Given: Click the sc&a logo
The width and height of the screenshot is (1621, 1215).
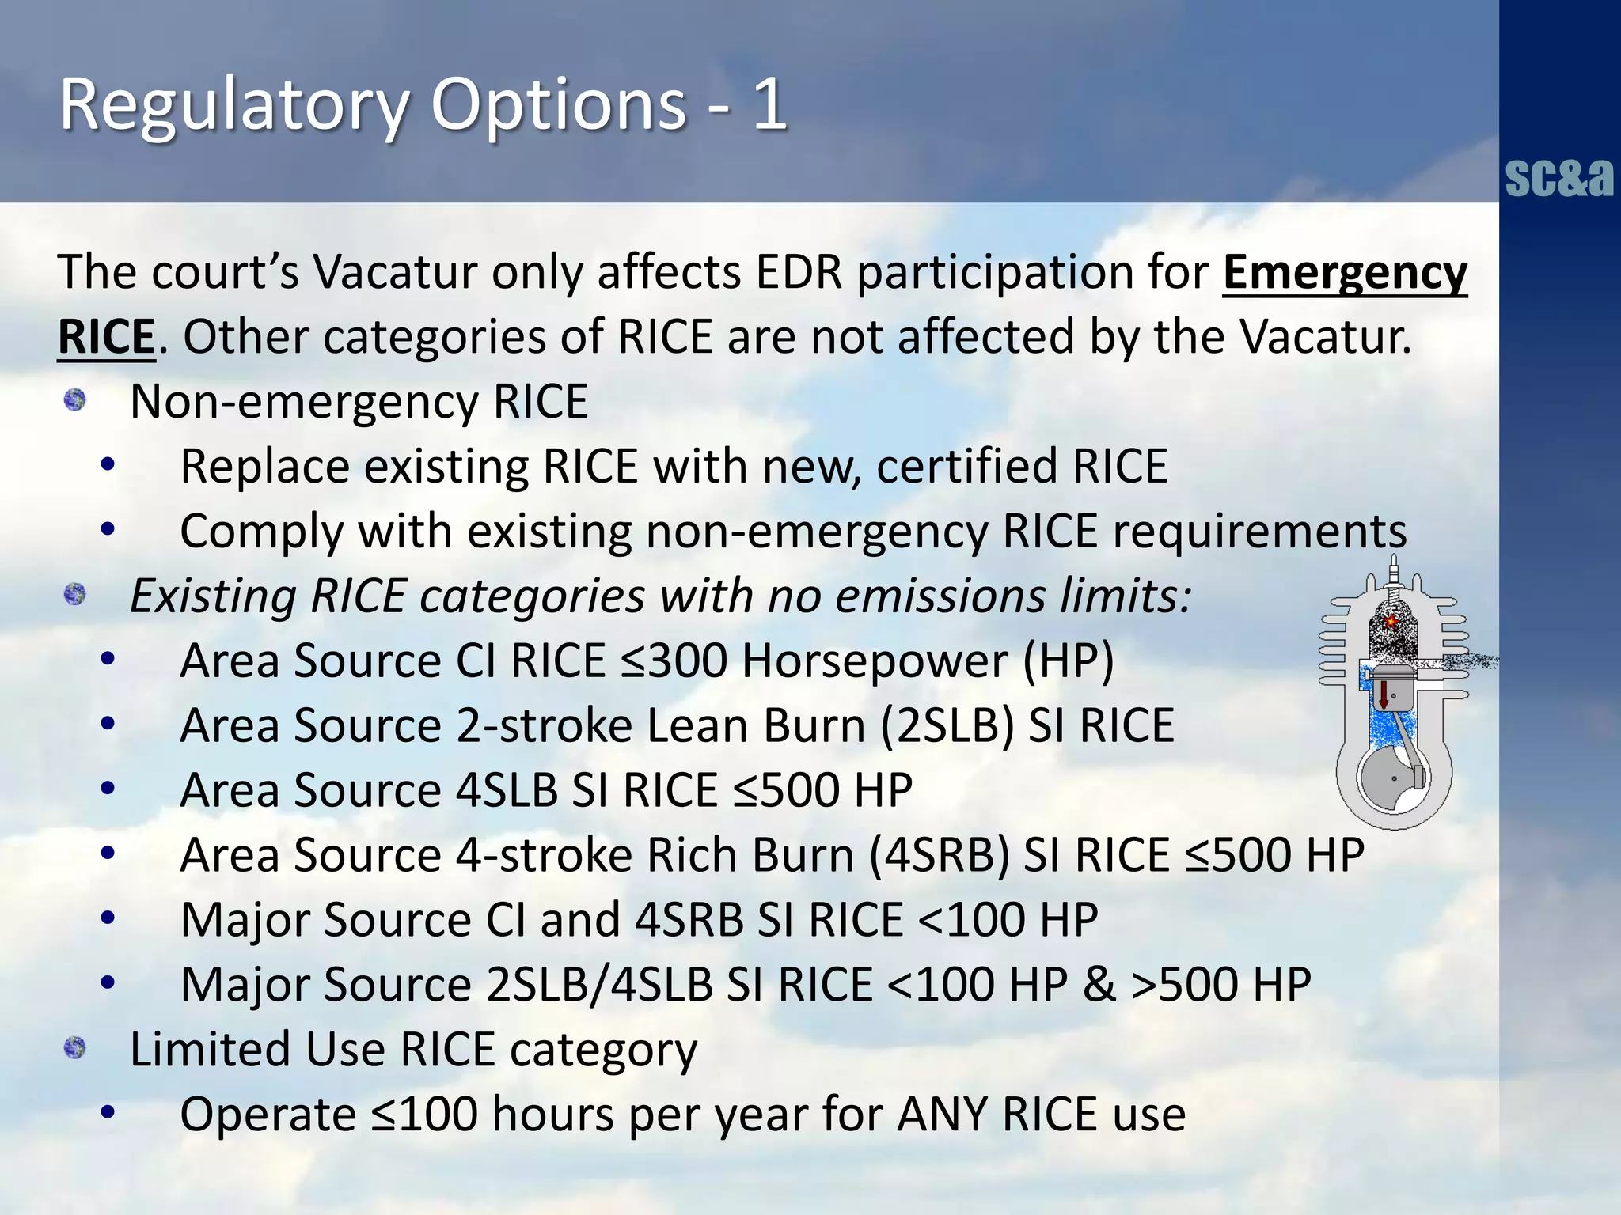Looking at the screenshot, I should click(1558, 177).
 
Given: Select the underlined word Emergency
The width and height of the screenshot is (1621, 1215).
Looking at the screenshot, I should click(1344, 273).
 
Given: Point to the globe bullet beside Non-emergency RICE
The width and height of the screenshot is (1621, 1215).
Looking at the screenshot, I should click(75, 399).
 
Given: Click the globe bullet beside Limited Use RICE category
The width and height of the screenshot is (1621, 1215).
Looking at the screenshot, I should click(75, 1048).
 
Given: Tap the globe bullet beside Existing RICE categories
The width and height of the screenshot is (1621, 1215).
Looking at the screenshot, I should click(75, 593).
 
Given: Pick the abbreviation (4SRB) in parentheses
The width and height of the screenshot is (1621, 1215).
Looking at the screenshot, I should click(939, 856).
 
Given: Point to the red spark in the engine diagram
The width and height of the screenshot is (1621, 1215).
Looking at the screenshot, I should click(1390, 622).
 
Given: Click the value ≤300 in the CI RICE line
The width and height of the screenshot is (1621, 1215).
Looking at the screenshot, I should click(674, 660).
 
